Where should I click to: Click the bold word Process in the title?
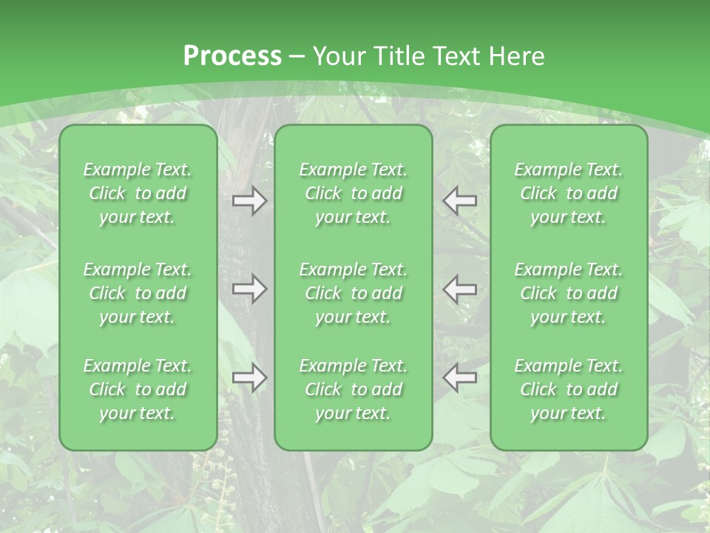click(x=232, y=56)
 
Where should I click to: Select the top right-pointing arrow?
click(x=249, y=201)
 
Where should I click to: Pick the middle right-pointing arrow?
click(x=249, y=289)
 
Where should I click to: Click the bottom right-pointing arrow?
click(x=249, y=378)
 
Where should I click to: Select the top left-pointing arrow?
click(x=460, y=201)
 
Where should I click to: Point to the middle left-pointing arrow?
click(x=460, y=289)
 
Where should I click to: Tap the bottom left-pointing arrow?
click(x=460, y=378)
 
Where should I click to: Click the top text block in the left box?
click(x=138, y=193)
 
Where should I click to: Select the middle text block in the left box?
click(x=138, y=293)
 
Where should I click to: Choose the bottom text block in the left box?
click(x=138, y=389)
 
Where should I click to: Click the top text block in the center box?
click(x=354, y=193)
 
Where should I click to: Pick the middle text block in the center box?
click(x=354, y=293)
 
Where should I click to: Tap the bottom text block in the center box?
click(x=354, y=389)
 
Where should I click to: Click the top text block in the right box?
click(x=569, y=193)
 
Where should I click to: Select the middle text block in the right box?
click(x=569, y=293)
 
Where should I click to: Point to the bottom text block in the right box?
click(x=569, y=389)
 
